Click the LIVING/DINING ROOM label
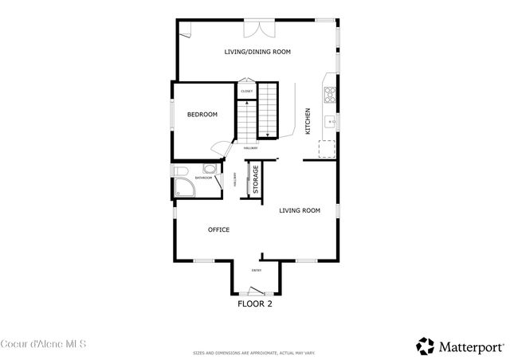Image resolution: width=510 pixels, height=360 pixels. [x=257, y=52]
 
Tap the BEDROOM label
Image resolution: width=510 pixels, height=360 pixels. [x=202, y=115]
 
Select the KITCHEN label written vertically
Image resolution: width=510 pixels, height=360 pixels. [x=308, y=121]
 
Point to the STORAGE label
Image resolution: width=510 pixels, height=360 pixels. [x=256, y=180]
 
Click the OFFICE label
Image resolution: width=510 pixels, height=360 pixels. [x=218, y=230]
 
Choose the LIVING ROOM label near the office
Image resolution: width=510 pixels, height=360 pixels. [x=299, y=211]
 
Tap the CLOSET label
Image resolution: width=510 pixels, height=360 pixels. [x=247, y=92]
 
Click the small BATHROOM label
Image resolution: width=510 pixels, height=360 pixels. [x=203, y=178]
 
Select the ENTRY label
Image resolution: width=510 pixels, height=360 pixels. [x=257, y=271]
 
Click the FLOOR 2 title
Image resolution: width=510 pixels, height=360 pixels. [x=255, y=303]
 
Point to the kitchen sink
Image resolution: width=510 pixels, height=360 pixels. [x=330, y=122]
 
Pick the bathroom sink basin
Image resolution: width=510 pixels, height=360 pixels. [x=210, y=169]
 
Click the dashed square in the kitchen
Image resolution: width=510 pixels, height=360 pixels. [x=327, y=150]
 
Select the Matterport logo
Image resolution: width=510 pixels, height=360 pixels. [x=460, y=346]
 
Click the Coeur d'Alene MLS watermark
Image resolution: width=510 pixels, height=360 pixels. [x=44, y=344]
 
